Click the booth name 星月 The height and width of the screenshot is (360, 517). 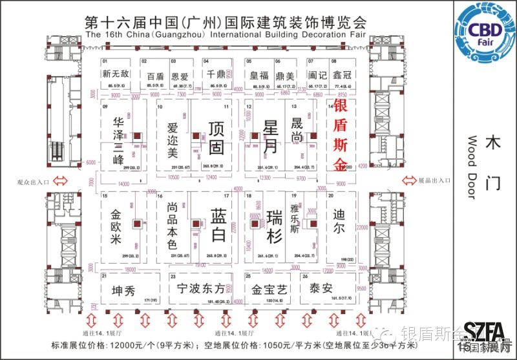[271, 136]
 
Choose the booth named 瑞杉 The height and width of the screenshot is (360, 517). [275, 227]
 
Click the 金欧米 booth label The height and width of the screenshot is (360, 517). [117, 226]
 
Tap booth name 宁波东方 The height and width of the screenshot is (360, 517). [201, 289]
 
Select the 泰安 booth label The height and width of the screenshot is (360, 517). [321, 288]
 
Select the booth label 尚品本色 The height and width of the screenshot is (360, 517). [172, 226]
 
